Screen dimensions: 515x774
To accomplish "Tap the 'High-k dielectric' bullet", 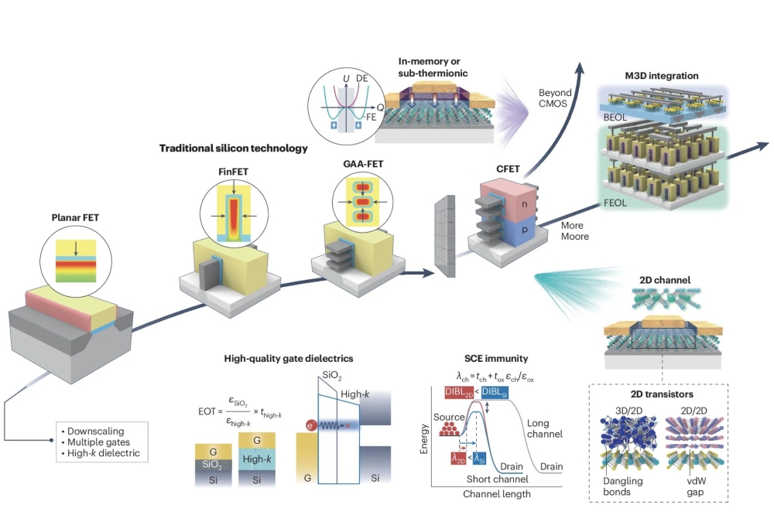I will tap(105, 453).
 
